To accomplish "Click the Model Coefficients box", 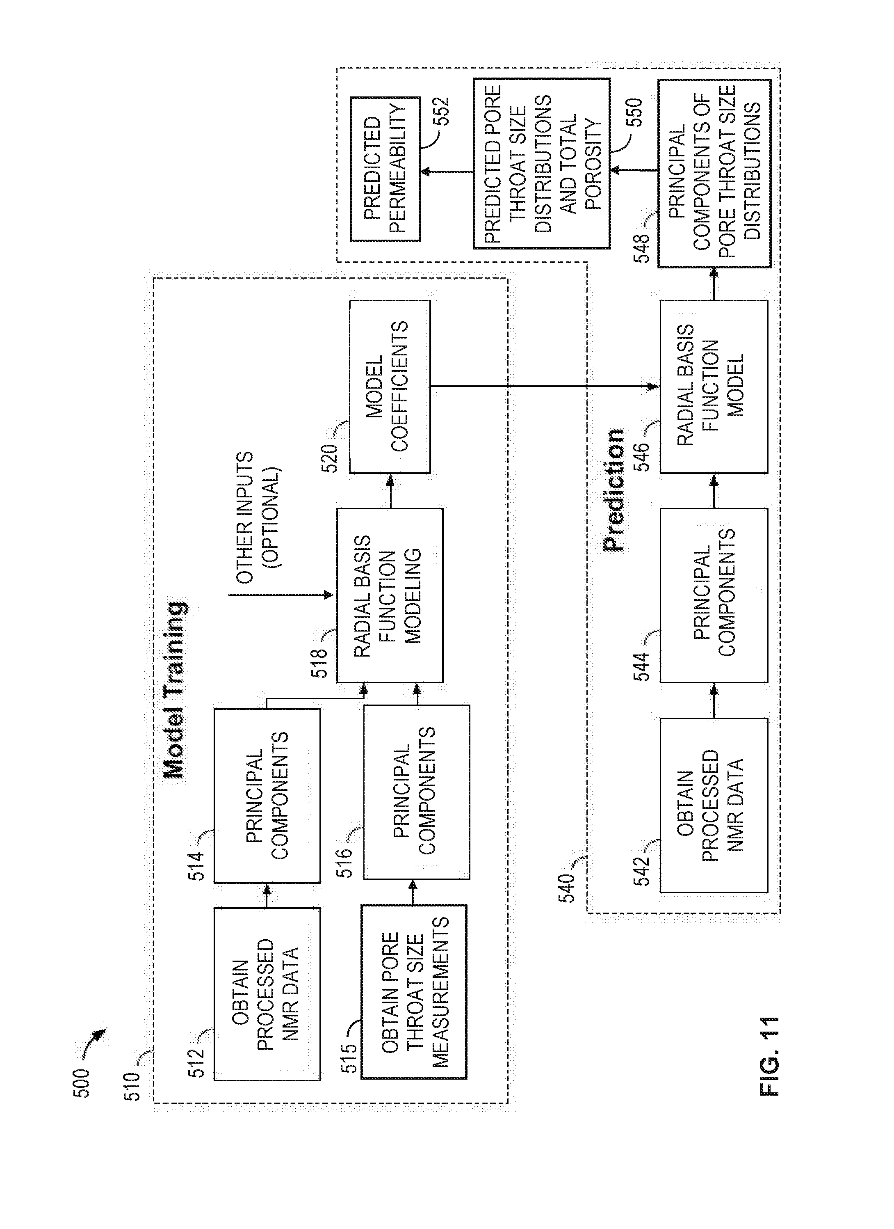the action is tap(390, 387).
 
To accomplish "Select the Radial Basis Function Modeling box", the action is tap(390, 595).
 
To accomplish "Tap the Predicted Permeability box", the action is tap(385, 169).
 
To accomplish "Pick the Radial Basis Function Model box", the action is tap(714, 387).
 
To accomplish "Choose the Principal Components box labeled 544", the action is tap(714, 595).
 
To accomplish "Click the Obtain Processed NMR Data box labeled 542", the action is tap(714, 805).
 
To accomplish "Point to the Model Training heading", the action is tap(175, 690).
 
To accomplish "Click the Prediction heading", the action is tap(613, 490).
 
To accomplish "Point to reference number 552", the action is tap(442, 111).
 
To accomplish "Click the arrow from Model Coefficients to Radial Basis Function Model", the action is tap(545, 387).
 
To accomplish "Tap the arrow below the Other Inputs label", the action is tap(281, 595).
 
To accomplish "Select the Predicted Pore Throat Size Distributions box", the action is tap(541, 164).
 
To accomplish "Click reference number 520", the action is tap(330, 458).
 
